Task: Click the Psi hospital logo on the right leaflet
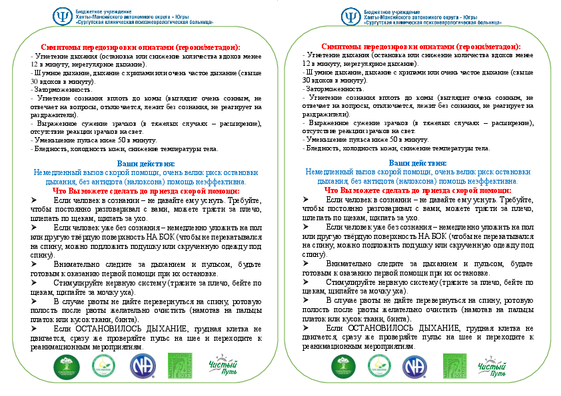coord(350,17)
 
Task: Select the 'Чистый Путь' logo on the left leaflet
coord(222,365)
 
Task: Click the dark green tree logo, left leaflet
coord(66,365)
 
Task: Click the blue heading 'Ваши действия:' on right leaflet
coord(418,162)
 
